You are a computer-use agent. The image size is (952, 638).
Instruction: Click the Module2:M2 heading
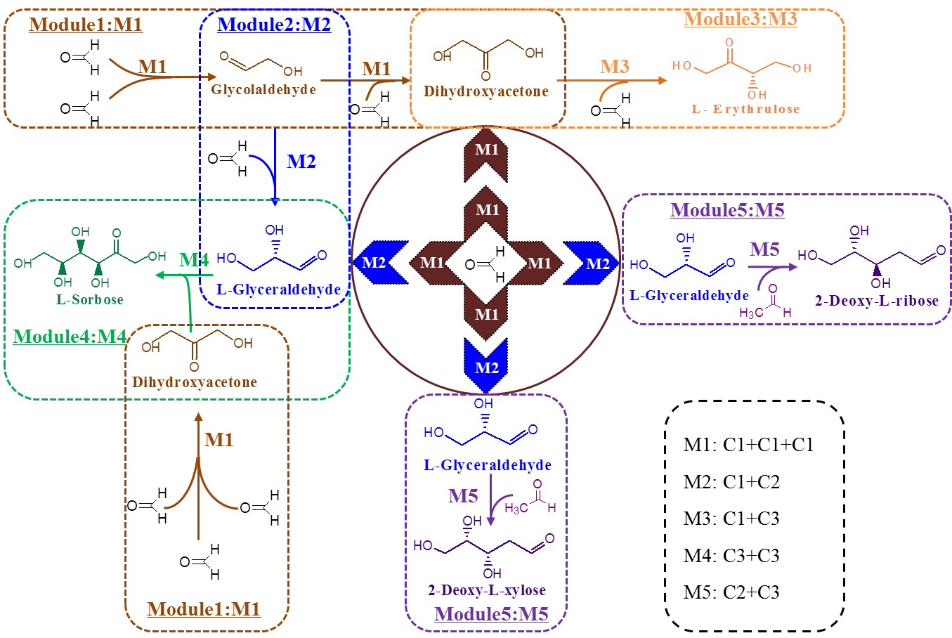pyautogui.click(x=274, y=25)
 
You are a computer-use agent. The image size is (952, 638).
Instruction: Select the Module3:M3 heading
pyautogui.click(x=741, y=19)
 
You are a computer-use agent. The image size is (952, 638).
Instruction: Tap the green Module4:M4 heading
pyautogui.click(x=70, y=337)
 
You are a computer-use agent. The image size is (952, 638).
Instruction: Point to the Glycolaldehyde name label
pyautogui.click(x=263, y=90)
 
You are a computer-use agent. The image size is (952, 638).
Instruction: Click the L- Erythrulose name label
pyautogui.click(x=745, y=110)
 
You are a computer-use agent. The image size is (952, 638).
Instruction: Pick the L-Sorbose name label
pyautogui.click(x=90, y=300)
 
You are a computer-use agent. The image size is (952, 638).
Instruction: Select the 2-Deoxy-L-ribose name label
pyautogui.click(x=877, y=301)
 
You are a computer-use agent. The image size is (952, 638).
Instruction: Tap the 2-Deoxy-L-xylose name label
pyautogui.click(x=487, y=590)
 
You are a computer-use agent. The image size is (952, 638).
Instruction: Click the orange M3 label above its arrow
pyautogui.click(x=615, y=67)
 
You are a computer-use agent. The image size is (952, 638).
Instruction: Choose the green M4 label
pyautogui.click(x=194, y=260)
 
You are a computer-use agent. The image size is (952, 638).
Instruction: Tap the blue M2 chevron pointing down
pyautogui.click(x=486, y=365)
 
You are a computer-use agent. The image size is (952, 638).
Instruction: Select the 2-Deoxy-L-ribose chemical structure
pyautogui.click(x=871, y=257)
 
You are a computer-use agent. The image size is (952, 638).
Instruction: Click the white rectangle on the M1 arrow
pyautogui.click(x=188, y=77)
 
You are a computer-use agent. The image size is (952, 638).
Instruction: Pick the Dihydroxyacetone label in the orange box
pyautogui.click(x=486, y=91)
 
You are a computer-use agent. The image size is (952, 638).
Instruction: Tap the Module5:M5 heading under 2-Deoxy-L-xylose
pyautogui.click(x=491, y=614)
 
